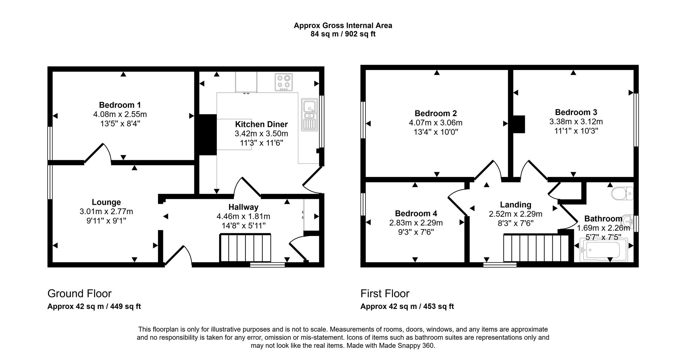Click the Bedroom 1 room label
click(120, 105)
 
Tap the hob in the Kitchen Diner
click(284, 82)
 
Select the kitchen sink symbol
click(309, 114)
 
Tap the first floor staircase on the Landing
click(536, 248)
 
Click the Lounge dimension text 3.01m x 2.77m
click(106, 212)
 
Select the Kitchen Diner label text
click(261, 124)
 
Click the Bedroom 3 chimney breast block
click(519, 124)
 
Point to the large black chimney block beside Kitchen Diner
click(207, 134)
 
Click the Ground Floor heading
click(79, 294)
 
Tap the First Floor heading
click(385, 294)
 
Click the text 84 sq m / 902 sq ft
click(343, 34)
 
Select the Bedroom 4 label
click(416, 213)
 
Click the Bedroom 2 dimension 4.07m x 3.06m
click(436, 123)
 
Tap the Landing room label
click(515, 204)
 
